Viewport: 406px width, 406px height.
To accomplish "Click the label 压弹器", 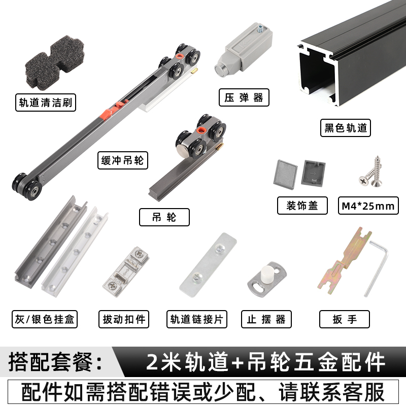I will click(x=244, y=97).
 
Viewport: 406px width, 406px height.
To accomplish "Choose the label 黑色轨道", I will click(x=345, y=128).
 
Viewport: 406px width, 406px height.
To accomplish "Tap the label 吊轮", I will click(x=164, y=217).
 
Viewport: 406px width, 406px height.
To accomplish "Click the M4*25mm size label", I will click(x=368, y=206).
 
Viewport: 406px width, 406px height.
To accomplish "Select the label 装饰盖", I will click(x=301, y=206).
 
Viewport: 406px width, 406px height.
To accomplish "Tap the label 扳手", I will click(x=345, y=319).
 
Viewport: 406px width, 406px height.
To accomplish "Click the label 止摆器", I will click(x=266, y=319).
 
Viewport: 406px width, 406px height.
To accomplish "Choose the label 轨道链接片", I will click(x=197, y=319).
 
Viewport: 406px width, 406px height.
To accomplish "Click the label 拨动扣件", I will click(x=124, y=319).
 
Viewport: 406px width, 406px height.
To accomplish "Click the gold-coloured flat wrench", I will click(x=343, y=264).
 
